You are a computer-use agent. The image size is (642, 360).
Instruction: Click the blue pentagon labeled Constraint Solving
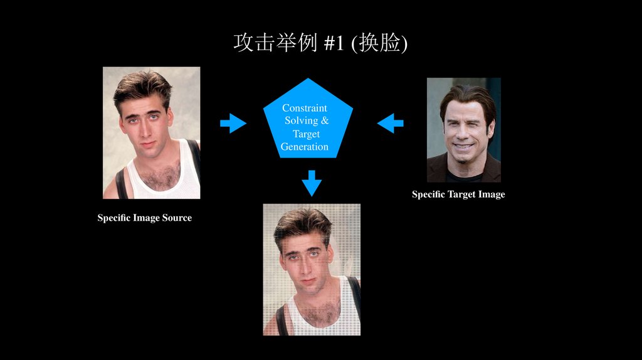pyautogui.click(x=307, y=122)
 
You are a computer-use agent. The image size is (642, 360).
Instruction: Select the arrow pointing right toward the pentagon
pyautogui.click(x=233, y=123)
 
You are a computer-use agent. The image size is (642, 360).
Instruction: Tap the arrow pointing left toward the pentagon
pyautogui.click(x=390, y=123)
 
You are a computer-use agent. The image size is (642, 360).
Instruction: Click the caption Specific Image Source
pyautogui.click(x=144, y=218)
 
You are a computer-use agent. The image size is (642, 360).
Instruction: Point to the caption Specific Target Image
pyautogui.click(x=458, y=194)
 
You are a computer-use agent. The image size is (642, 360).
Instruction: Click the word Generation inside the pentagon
pyautogui.click(x=305, y=147)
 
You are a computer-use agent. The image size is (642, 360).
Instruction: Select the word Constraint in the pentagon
pyautogui.click(x=305, y=108)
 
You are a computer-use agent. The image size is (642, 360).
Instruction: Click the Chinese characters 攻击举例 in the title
pyautogui.click(x=275, y=43)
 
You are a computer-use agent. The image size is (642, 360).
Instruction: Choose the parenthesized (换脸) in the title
pyautogui.click(x=379, y=43)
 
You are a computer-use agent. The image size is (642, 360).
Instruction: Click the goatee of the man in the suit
pyautogui.click(x=461, y=158)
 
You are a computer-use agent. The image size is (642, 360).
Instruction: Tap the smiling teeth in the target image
pyautogui.click(x=463, y=146)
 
